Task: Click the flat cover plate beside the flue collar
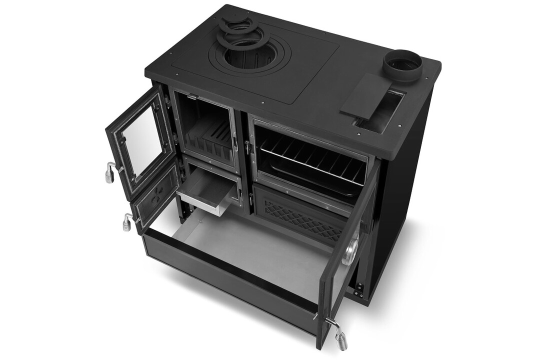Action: coord(365,95)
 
